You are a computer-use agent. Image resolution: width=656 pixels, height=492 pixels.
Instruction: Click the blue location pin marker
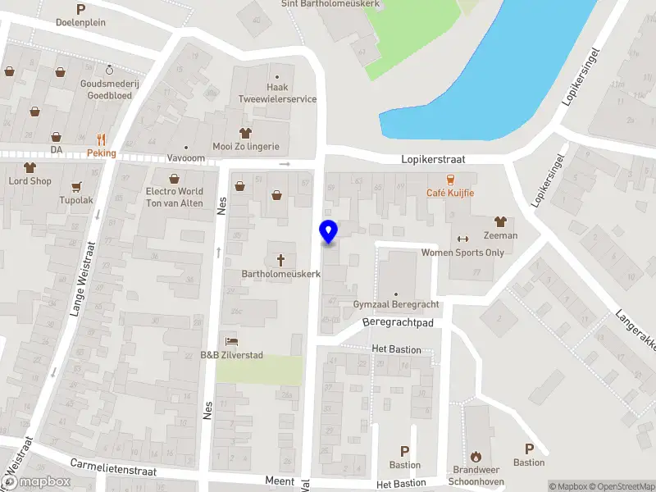328,232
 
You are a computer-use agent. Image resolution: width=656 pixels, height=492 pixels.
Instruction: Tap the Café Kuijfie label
450,193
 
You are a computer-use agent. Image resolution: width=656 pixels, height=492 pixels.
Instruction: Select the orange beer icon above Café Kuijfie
450,180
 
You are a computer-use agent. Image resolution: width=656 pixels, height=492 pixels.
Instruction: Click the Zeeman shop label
500,235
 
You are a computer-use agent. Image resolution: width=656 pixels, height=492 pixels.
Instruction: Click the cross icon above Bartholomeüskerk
280,260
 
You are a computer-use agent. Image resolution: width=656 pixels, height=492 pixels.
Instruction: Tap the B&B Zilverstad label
232,355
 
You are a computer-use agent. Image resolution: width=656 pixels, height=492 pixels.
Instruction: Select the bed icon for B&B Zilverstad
232,341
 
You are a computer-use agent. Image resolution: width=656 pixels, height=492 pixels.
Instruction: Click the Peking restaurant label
102,153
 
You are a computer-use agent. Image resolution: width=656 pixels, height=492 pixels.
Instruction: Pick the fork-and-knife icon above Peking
102,139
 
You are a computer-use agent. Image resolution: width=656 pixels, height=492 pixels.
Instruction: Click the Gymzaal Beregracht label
396,304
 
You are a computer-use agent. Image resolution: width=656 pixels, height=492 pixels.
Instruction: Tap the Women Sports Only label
462,253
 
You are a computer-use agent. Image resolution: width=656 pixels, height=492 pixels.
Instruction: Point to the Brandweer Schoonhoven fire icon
476,457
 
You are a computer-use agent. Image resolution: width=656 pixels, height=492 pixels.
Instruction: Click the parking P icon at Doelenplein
80,9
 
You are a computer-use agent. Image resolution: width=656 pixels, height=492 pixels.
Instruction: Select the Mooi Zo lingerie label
246,147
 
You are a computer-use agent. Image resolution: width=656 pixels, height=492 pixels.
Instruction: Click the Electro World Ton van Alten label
174,198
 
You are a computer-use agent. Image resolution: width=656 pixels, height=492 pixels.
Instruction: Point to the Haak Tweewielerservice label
277,93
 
